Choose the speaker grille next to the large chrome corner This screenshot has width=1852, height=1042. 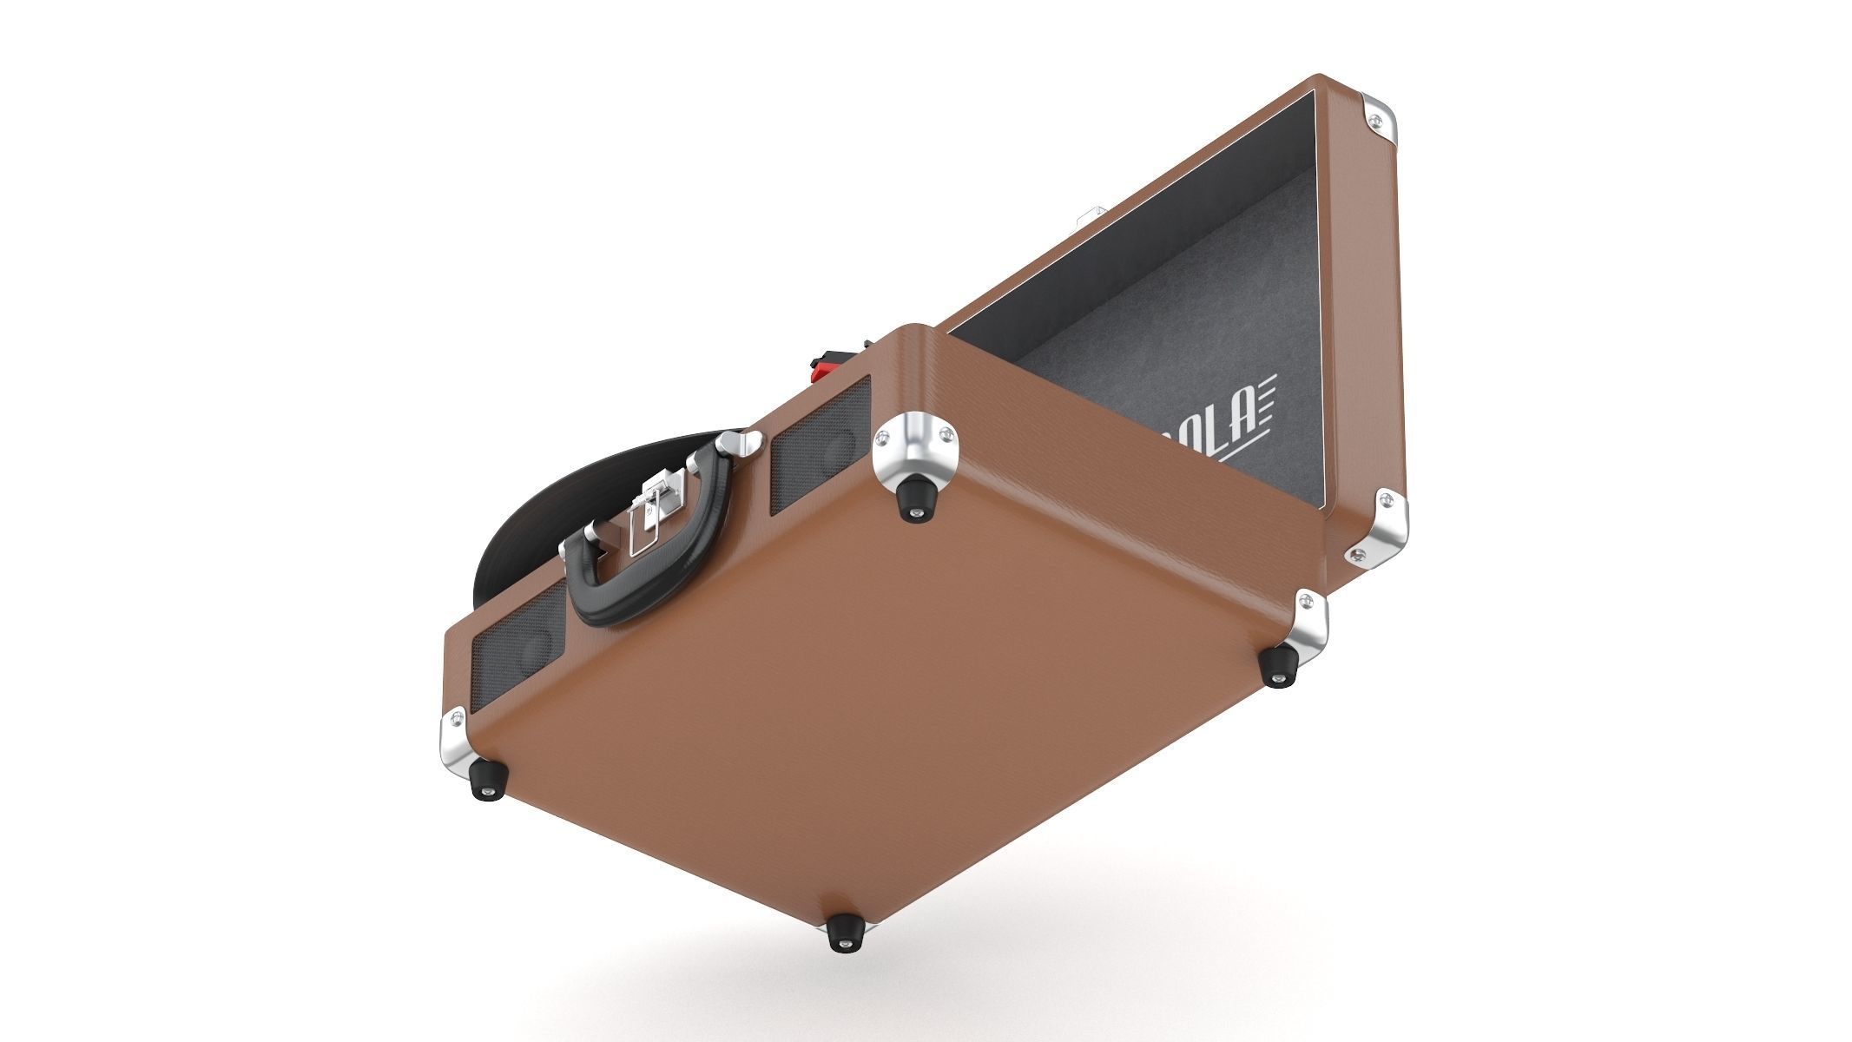click(x=816, y=470)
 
